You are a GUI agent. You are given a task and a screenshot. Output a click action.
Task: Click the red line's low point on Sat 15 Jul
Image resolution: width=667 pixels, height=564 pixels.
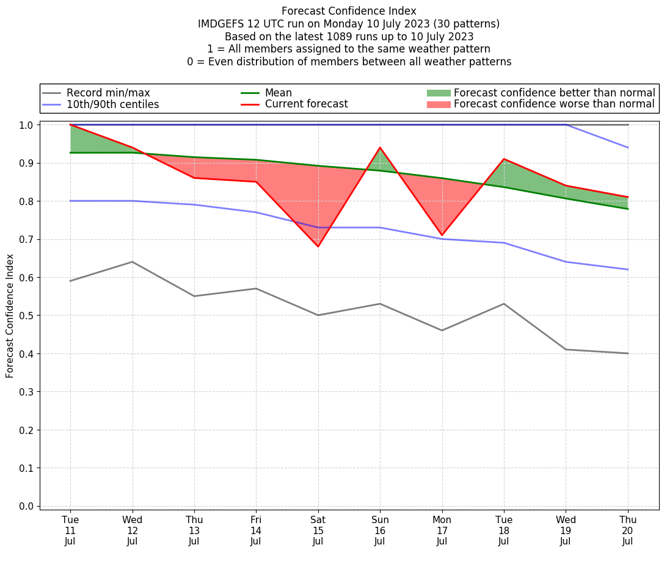coord(318,247)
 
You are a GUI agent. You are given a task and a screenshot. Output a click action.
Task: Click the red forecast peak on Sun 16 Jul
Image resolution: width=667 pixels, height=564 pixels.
coord(380,148)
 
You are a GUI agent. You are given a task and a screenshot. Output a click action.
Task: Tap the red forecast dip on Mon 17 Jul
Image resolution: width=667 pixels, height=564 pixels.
coord(442,235)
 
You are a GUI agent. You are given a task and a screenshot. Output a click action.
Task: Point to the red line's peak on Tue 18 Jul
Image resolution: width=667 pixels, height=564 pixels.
coord(504,159)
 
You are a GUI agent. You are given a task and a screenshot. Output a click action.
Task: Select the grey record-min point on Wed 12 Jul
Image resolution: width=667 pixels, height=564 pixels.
coord(133,262)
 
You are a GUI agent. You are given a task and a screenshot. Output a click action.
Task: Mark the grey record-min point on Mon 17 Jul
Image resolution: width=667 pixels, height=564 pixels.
coord(442,330)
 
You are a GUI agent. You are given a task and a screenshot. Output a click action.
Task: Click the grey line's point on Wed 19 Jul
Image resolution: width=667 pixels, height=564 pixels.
coord(566,349)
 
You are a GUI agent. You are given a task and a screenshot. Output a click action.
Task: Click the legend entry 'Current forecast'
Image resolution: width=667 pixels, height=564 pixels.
coord(306,104)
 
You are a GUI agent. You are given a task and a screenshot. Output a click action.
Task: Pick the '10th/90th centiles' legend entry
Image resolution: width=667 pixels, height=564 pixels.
coord(112,104)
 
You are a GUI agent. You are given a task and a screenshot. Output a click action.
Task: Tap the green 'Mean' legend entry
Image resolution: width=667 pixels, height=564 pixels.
coord(278,93)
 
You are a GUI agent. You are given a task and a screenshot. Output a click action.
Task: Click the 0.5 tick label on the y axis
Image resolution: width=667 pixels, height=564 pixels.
coord(27,316)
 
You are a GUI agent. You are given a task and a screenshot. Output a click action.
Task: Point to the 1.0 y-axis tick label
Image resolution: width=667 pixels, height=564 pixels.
coord(27,125)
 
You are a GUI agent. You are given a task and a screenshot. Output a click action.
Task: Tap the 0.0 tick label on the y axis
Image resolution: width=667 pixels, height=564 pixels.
coord(27,507)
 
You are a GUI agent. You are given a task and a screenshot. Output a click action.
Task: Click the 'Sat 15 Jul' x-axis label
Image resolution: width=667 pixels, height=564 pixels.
coord(318,530)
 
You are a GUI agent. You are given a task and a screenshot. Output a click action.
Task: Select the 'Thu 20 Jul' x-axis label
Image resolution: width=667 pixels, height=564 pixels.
coord(628,530)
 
